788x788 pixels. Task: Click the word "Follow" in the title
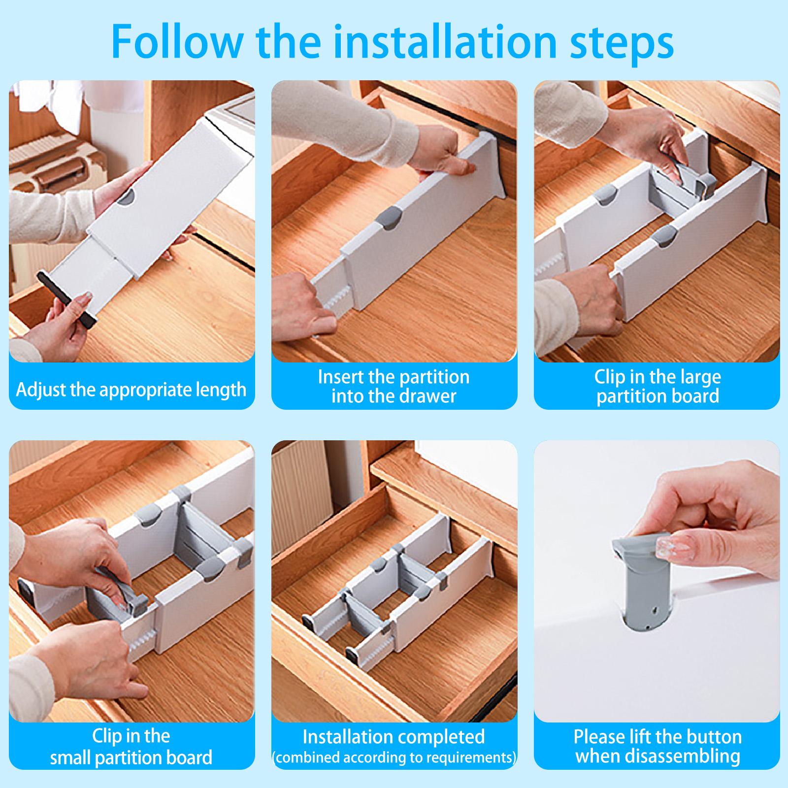click(177, 42)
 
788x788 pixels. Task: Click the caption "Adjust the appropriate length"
click(131, 390)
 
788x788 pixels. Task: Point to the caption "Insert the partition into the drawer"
click(394, 387)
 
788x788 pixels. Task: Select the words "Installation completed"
click(394, 737)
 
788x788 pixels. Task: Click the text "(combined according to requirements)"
click(394, 757)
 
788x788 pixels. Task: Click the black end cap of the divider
click(67, 299)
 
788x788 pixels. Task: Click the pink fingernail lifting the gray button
click(673, 548)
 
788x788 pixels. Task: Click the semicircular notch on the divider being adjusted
click(126, 197)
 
